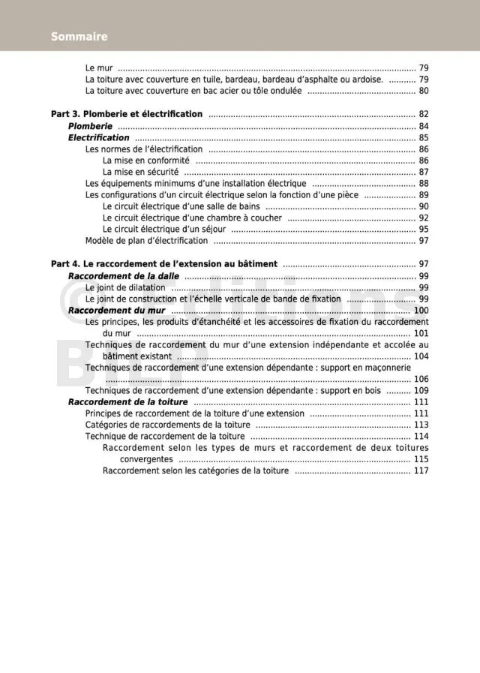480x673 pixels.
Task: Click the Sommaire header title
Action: point(79,37)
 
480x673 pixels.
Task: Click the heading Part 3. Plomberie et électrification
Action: point(127,115)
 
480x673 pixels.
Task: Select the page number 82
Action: point(423,115)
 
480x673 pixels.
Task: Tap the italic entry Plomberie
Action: point(90,127)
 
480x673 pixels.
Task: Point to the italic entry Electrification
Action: point(99,138)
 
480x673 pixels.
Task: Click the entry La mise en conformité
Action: point(145,161)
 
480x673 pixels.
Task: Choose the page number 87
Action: point(423,172)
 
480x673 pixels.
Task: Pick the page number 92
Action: point(423,218)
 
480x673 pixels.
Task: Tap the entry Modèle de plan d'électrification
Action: point(146,241)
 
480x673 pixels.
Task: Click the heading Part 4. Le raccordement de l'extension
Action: point(164,264)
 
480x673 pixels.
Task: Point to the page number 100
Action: point(421,311)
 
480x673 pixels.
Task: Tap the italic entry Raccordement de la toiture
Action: point(128,402)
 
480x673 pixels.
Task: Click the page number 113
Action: point(421,425)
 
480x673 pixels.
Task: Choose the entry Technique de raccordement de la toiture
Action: point(165,436)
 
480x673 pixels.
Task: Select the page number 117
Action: point(421,470)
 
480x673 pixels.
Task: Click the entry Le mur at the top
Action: point(99,68)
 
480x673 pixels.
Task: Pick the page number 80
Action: point(423,91)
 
